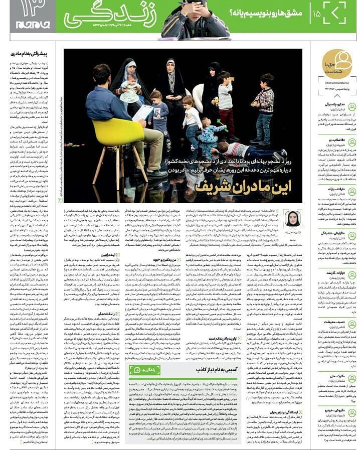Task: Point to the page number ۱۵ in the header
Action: click(317, 13)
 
